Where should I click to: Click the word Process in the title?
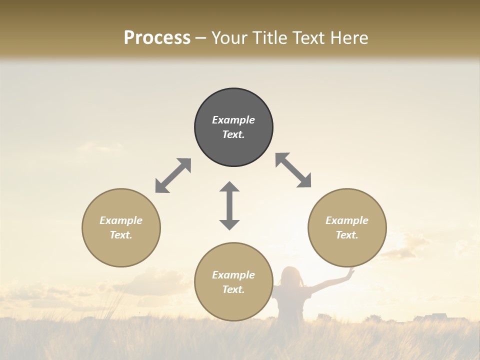point(157,38)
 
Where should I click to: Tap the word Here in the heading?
point(348,38)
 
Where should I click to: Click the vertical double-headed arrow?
point(229,206)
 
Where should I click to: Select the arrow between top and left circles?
point(173,175)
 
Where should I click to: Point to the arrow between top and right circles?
point(293,170)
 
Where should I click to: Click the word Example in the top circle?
point(233,120)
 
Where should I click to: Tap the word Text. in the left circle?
point(121,235)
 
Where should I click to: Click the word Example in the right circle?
point(347,220)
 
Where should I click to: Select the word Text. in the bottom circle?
point(233,289)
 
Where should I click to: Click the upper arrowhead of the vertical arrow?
point(229,187)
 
